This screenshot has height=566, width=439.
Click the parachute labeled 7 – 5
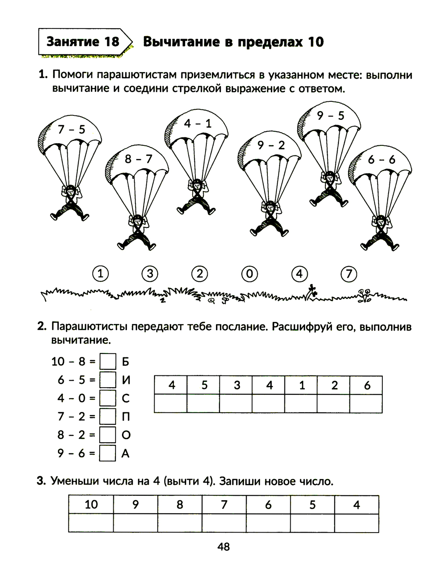[70, 132]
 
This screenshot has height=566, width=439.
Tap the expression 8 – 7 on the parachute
[138, 159]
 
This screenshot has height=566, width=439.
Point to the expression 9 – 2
[271, 145]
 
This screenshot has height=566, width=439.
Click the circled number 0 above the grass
[249, 274]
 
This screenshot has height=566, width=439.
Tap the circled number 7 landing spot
[349, 274]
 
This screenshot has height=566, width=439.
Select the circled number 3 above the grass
[150, 274]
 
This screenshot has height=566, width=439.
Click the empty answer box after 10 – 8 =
[108, 362]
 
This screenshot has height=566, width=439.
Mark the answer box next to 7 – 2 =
[108, 416]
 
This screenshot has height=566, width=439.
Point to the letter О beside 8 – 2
[126, 435]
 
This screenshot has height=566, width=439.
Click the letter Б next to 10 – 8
[126, 362]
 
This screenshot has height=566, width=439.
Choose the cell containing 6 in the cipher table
[367, 385]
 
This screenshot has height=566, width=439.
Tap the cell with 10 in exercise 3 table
[91, 505]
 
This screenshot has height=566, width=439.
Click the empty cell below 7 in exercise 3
[224, 523]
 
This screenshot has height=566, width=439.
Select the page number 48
[223, 547]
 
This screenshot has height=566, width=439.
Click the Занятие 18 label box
[83, 42]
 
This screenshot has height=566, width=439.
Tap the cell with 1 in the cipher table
[302, 385]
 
